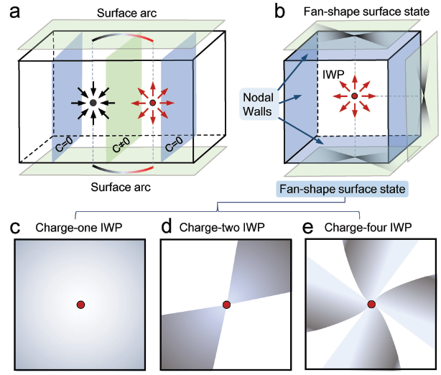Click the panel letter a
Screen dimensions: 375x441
(x=12, y=11)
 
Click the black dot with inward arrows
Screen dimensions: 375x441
(x=93, y=105)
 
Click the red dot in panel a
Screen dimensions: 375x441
(x=152, y=105)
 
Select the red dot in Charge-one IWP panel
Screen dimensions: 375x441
(x=81, y=305)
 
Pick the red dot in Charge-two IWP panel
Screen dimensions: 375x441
(x=227, y=305)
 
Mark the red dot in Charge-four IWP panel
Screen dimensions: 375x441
(x=372, y=305)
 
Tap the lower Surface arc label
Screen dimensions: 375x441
(x=127, y=187)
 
